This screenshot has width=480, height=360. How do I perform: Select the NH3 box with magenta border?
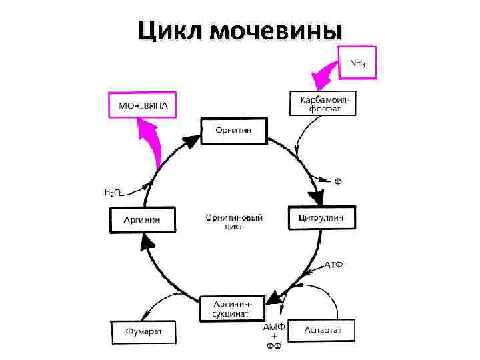(357, 63)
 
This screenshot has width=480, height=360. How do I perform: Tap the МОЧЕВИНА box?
(143, 105)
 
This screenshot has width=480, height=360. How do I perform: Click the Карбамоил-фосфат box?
(323, 103)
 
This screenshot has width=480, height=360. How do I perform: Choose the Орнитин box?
(233, 130)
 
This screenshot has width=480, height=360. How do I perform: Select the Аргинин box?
(142, 219)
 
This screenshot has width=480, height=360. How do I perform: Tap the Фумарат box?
(144, 331)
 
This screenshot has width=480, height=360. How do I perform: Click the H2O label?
(112, 193)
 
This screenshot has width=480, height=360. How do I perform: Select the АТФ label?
(333, 265)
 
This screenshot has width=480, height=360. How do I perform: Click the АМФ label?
(274, 327)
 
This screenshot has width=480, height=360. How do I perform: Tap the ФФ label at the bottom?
(274, 347)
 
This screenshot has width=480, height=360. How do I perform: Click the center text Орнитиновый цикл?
(233, 222)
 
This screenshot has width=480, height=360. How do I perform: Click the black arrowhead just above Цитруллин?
(315, 197)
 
